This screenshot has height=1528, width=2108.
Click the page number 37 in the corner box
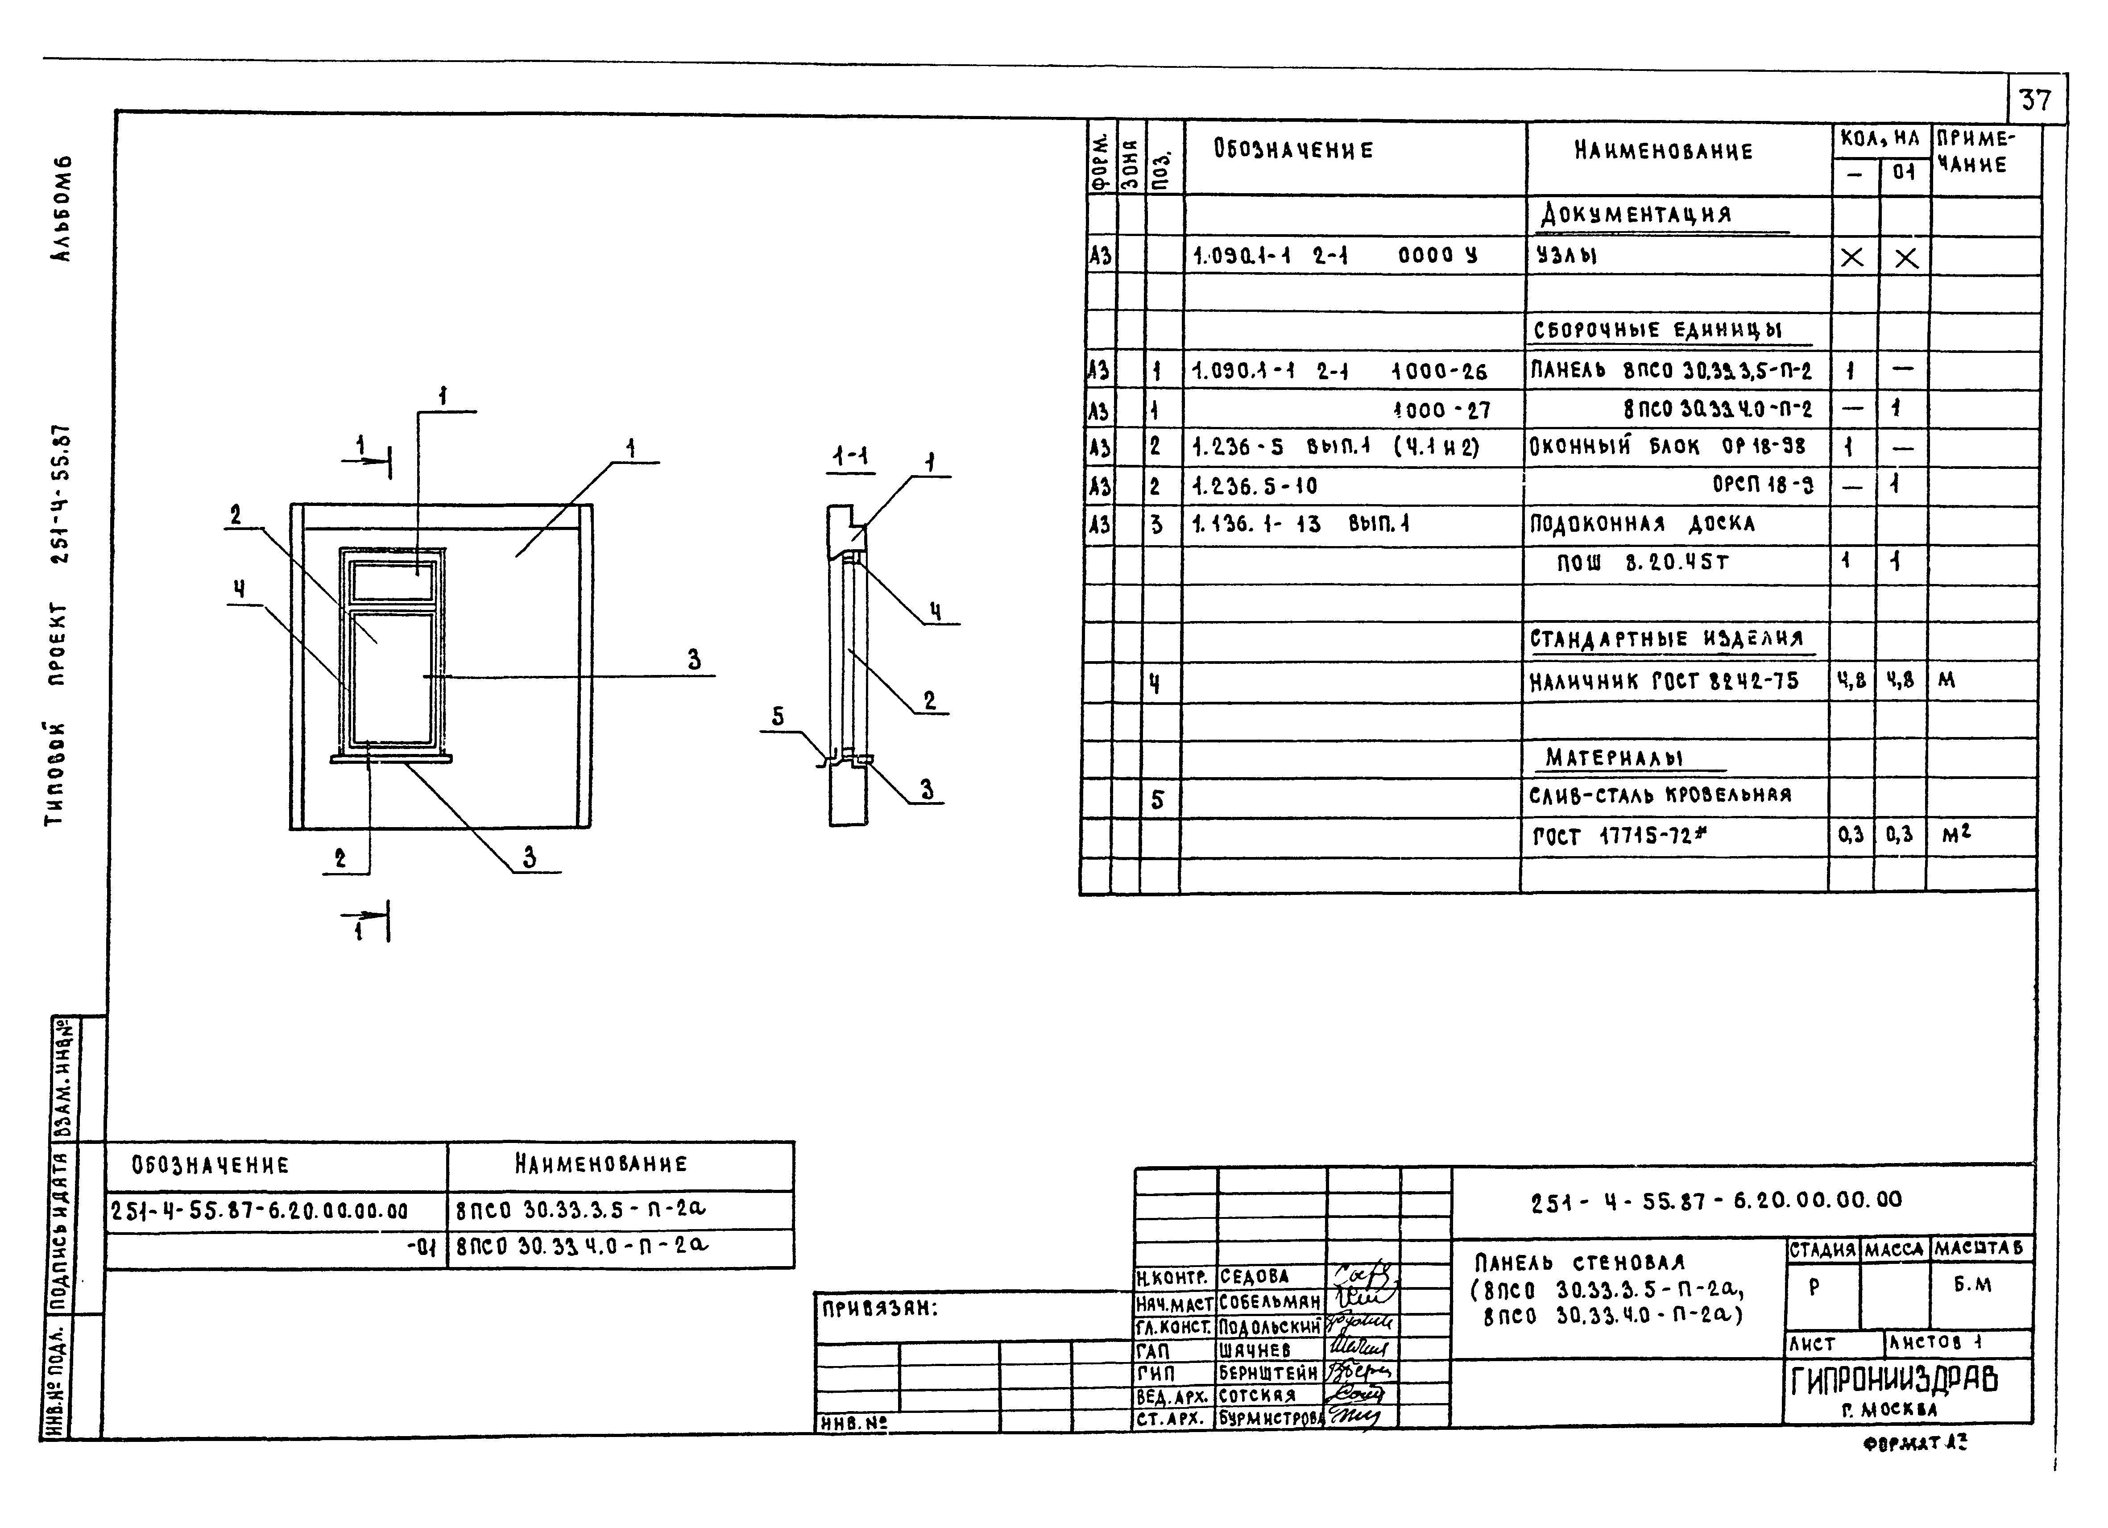click(x=2035, y=99)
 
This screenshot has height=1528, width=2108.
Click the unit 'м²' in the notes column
click(x=1955, y=835)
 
